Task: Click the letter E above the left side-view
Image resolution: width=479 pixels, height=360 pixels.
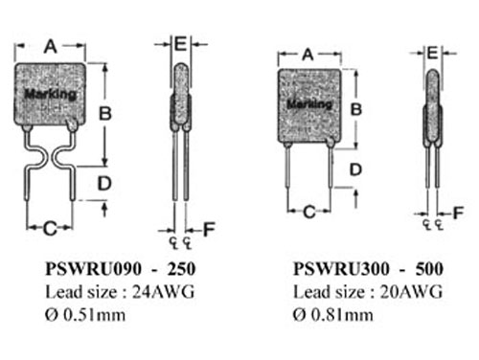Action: click(x=180, y=43)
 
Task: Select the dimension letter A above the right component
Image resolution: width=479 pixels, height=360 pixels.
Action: click(x=308, y=55)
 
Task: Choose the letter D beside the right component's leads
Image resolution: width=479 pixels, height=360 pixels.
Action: click(x=355, y=169)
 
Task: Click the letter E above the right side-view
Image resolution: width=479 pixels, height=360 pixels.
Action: click(x=432, y=54)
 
